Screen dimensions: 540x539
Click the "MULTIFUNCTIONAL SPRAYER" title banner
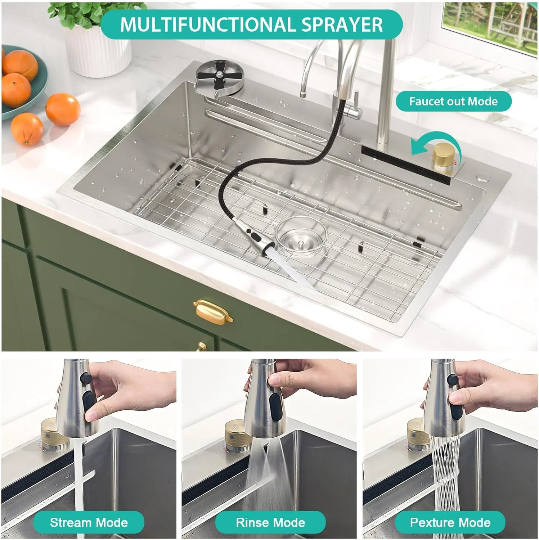point(251,24)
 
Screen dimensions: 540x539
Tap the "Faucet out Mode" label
point(453,102)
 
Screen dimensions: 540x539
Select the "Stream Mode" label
point(89,522)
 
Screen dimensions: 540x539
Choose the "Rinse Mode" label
point(270,522)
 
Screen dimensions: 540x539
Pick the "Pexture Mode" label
point(450,522)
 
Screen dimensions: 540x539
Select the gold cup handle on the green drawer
point(213,310)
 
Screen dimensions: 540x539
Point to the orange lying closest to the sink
point(63,109)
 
